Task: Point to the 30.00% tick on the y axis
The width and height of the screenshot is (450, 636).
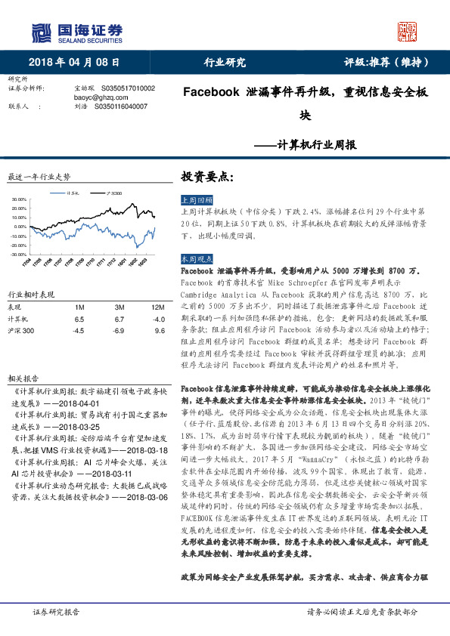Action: point(20,200)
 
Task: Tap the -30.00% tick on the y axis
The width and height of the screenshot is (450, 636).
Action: point(19,255)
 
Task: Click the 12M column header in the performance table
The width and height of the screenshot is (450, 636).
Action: point(157,307)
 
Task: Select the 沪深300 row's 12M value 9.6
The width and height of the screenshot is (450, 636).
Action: point(159,330)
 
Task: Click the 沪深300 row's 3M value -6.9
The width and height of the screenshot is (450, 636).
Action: point(118,330)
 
